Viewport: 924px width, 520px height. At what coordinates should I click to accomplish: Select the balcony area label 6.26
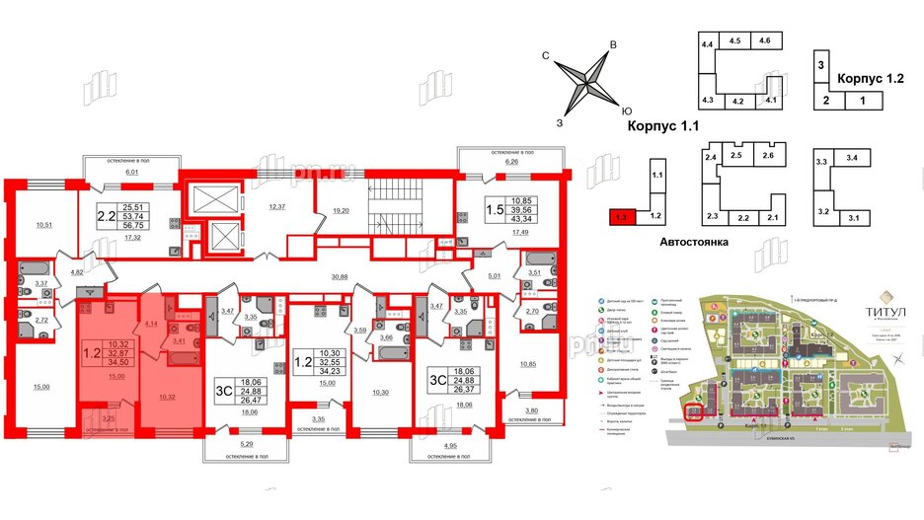[511, 162]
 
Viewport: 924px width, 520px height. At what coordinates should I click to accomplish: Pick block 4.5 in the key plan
[735, 41]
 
